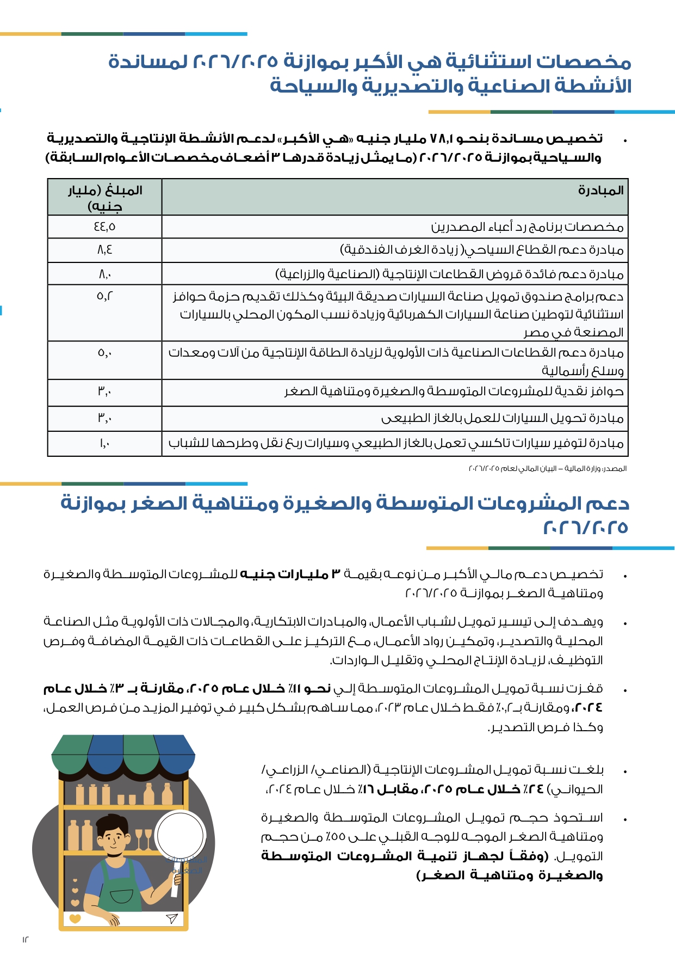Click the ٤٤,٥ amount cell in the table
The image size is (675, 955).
[x=104, y=226]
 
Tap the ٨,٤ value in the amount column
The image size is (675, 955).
[x=104, y=250]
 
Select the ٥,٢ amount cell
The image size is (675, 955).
[x=104, y=296]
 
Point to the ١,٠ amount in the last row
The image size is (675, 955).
[x=104, y=443]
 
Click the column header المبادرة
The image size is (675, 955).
[x=600, y=191]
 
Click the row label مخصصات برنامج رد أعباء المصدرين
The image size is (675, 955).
[x=527, y=226]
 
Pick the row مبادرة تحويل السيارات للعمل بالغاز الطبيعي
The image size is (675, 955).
[x=502, y=418]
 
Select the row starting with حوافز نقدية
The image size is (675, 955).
[x=454, y=391]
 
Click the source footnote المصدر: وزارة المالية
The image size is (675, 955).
[x=547, y=468]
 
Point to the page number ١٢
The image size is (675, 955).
[x=25, y=939]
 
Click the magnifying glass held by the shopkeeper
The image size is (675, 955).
[x=181, y=836]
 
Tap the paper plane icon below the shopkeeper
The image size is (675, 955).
[x=171, y=919]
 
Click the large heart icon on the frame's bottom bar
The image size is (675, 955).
[x=75, y=919]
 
